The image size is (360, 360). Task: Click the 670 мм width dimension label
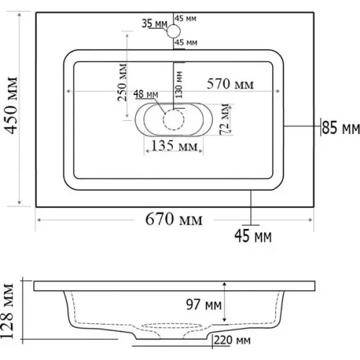(x=174, y=220)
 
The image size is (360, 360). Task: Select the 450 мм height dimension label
(x=12, y=105)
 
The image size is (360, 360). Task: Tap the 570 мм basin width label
(x=230, y=84)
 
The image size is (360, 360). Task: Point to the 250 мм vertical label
(x=122, y=82)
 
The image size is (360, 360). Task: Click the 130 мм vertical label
(x=179, y=84)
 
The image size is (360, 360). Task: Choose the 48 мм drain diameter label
(x=145, y=94)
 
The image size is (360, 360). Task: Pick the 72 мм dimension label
(x=225, y=120)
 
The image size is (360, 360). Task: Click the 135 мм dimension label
(x=174, y=145)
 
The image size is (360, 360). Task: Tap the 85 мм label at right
(x=341, y=127)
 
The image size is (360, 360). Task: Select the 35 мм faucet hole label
(x=154, y=24)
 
